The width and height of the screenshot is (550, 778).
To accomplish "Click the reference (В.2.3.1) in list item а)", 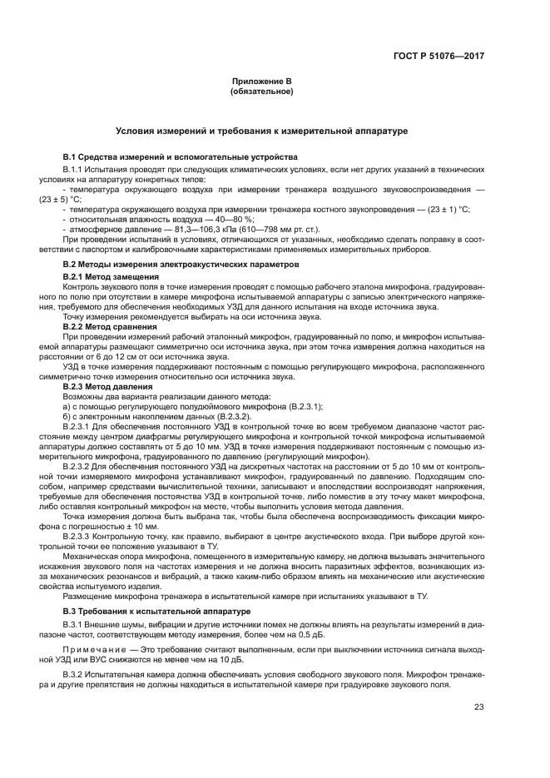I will [x=300, y=406].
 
